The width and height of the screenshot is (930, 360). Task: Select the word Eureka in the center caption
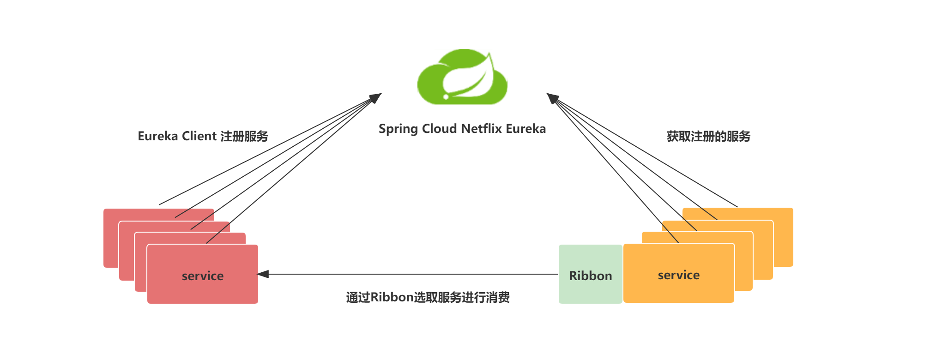point(525,128)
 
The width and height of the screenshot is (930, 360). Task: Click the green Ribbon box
point(590,274)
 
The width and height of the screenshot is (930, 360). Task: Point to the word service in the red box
point(202,276)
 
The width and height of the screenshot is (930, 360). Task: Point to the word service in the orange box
point(678,275)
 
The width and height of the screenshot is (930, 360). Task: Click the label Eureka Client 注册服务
point(203,136)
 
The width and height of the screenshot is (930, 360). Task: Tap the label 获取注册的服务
point(708,136)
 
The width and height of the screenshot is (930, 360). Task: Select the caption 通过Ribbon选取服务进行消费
point(428,297)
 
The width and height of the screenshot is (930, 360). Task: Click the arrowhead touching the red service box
point(263,274)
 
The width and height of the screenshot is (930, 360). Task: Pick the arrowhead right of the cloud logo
point(552,97)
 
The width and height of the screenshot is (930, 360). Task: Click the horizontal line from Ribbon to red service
point(411,274)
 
